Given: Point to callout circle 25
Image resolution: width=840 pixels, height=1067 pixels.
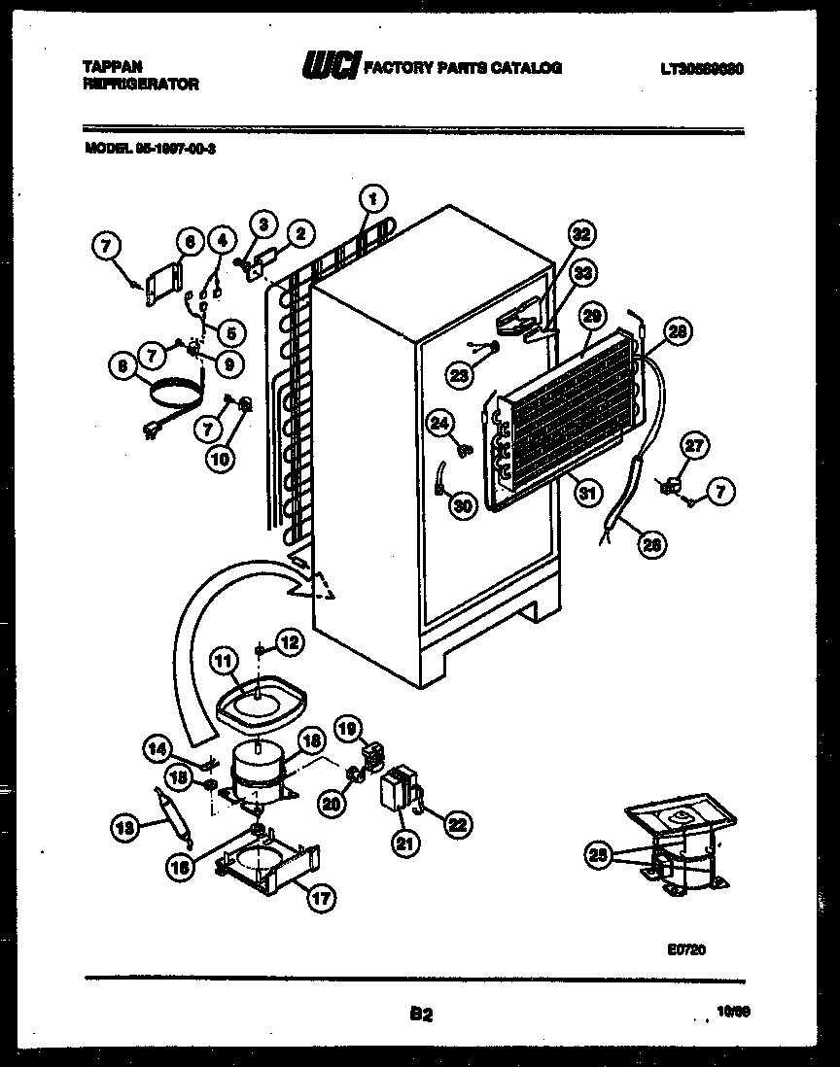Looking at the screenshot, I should [x=599, y=855].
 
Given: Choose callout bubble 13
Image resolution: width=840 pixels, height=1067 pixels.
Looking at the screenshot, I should [x=123, y=828].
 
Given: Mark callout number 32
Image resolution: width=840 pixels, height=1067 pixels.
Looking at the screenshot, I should [x=580, y=234].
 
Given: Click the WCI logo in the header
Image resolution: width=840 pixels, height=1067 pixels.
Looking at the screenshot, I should [x=331, y=66].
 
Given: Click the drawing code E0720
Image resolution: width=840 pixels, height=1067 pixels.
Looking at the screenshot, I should [x=685, y=950].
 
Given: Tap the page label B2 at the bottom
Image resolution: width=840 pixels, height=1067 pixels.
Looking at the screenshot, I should [x=420, y=1015].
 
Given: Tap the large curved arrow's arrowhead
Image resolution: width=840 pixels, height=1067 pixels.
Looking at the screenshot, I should [x=316, y=583].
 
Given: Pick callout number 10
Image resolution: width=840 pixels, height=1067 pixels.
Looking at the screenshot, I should [x=220, y=456].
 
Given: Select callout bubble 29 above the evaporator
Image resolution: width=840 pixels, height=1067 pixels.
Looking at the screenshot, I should [x=590, y=315].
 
